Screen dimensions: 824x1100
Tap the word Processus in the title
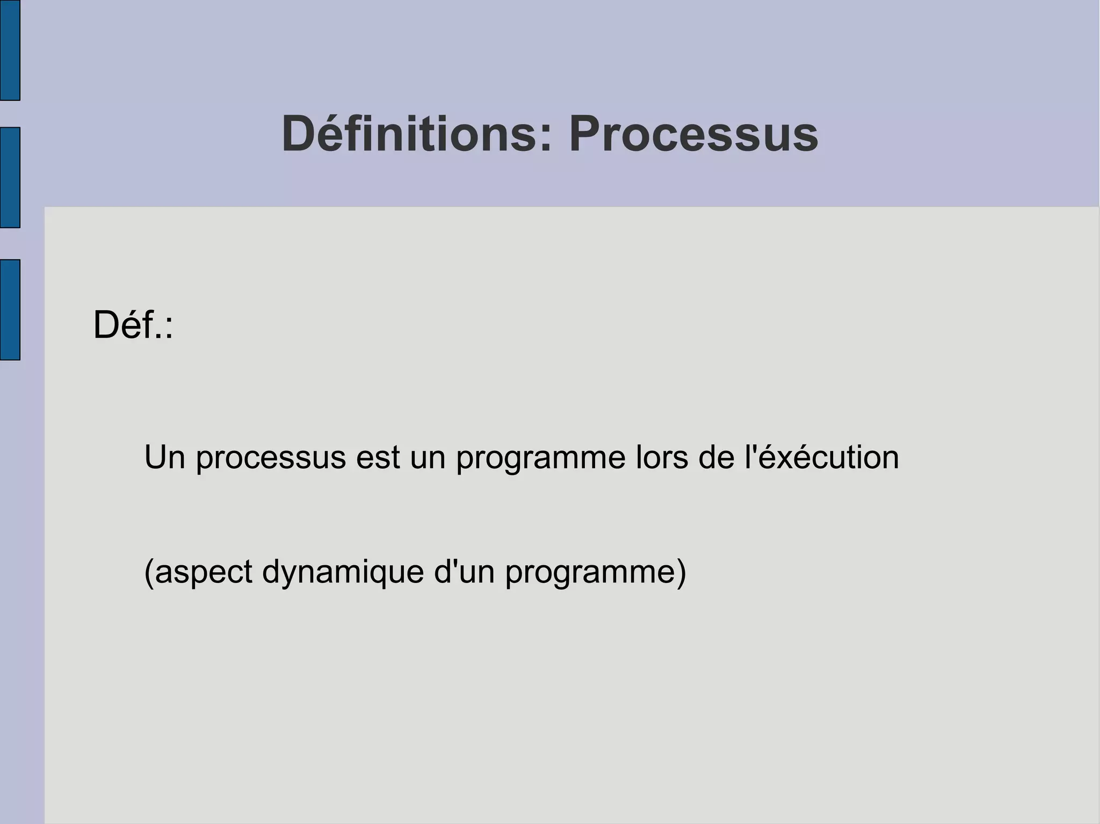coord(693,134)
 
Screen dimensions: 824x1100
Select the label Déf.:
coord(133,325)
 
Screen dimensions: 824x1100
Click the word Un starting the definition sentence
coord(164,457)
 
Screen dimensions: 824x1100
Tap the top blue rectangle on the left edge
coord(10,50)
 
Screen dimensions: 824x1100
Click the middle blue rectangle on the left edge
coord(10,178)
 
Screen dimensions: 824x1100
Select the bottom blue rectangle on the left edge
coord(10,310)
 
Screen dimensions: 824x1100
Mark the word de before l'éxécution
coord(716,457)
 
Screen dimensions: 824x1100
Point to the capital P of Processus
coord(585,134)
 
